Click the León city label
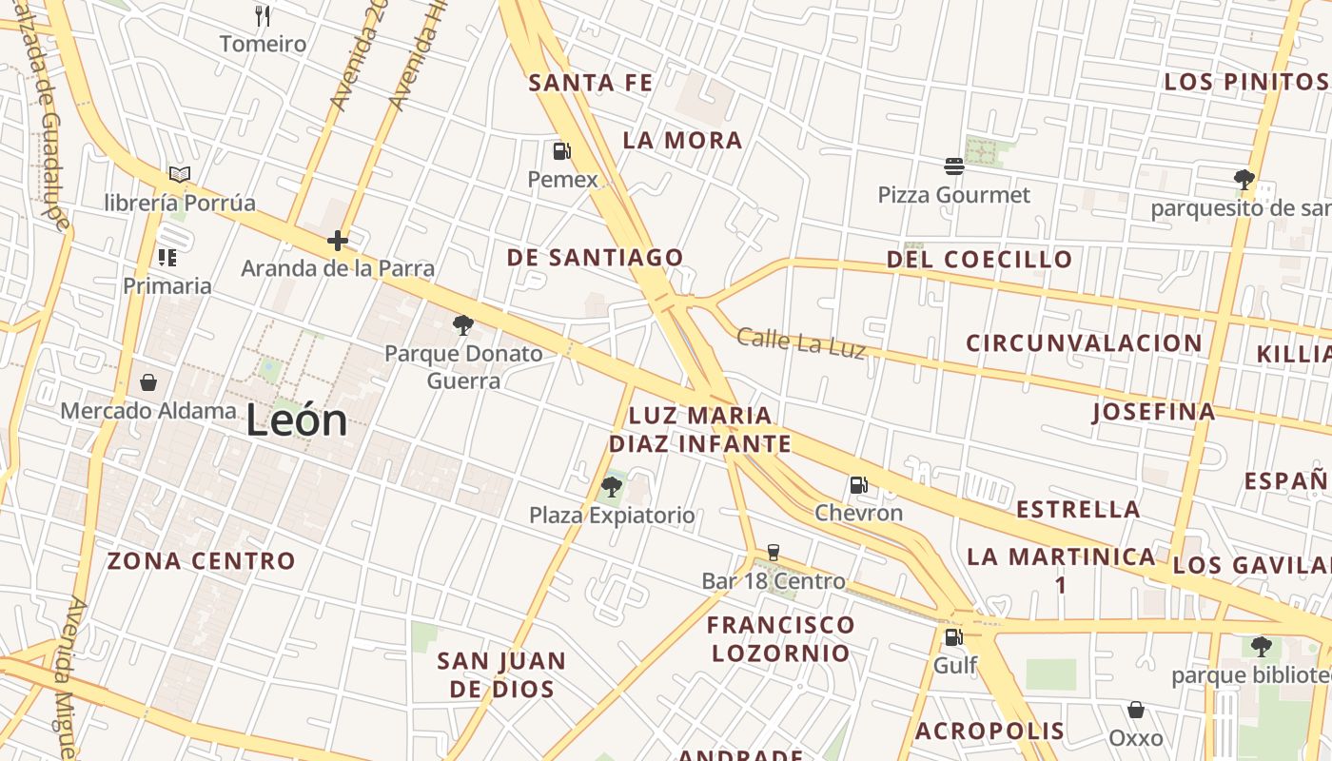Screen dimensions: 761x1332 point(297,420)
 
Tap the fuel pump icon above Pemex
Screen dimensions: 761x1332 point(562,150)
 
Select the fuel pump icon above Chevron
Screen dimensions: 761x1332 point(858,485)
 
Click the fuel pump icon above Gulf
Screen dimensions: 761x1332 point(953,637)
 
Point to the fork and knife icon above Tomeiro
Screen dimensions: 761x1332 point(264,15)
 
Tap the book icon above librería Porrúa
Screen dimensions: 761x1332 point(180,174)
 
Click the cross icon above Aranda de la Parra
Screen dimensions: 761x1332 point(338,241)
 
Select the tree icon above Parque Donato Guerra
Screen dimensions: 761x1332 point(463,326)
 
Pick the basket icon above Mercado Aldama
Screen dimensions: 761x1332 point(148,382)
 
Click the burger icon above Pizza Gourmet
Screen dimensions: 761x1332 point(954,166)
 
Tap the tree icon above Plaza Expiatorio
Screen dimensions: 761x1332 point(612,487)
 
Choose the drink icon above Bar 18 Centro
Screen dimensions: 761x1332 point(774,553)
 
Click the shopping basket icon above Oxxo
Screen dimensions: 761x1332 point(1135,710)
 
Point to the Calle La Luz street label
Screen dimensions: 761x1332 point(801,343)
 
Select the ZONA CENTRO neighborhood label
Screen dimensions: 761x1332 point(202,561)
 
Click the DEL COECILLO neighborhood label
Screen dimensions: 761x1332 point(979,259)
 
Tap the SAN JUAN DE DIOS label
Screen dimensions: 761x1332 point(501,674)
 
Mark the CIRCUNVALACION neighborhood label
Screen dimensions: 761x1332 point(1085,342)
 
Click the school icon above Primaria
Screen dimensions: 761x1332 point(167,257)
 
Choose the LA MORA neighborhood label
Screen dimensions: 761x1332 point(682,141)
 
